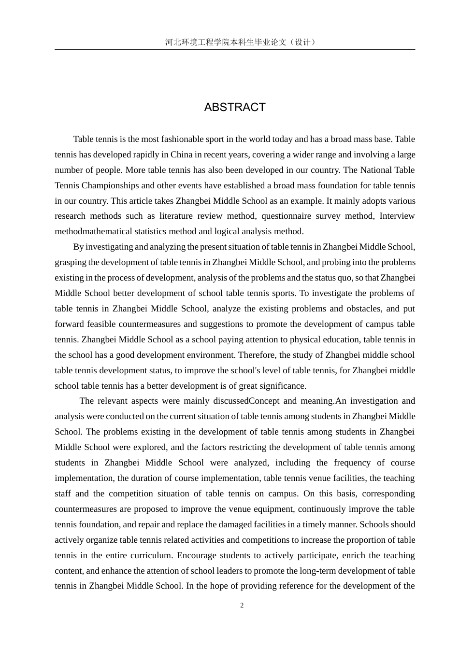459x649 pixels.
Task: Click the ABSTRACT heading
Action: click(x=235, y=107)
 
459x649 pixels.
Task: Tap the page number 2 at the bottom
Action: click(x=242, y=606)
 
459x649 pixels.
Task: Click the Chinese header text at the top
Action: click(x=240, y=42)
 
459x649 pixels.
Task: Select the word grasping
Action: click(x=70, y=262)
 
